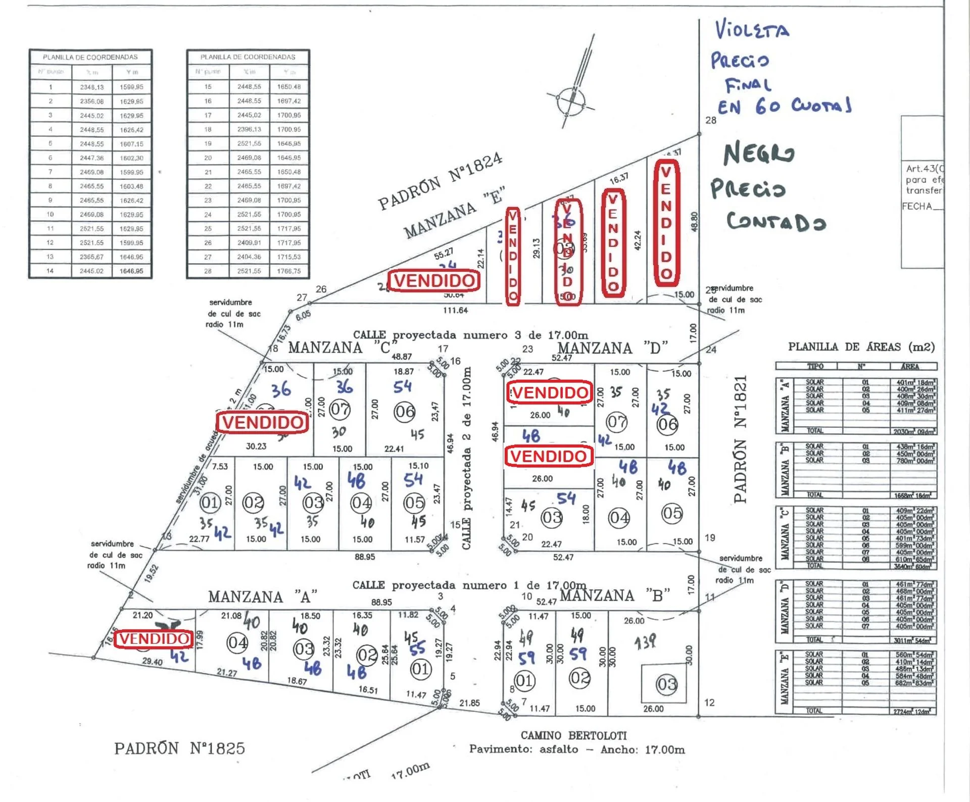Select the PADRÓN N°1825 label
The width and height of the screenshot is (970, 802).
[x=179, y=748]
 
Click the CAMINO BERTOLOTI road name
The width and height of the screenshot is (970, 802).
[x=573, y=735]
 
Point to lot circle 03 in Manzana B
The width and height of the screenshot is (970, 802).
[x=666, y=684]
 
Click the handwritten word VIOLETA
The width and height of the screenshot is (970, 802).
[x=752, y=30]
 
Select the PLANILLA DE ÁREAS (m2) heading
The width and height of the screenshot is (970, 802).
[x=861, y=347]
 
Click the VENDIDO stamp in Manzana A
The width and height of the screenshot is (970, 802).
[x=154, y=639]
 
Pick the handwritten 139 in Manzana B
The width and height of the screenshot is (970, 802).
[x=645, y=642]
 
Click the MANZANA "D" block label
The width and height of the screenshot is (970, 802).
[x=612, y=348]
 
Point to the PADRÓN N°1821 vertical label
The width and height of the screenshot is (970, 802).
[x=741, y=439]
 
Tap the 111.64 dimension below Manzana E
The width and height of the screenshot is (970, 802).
[x=455, y=310]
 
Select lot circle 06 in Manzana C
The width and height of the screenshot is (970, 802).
[x=405, y=412]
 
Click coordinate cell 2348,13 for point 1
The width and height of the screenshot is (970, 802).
[x=91, y=87]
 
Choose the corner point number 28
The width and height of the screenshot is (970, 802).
[x=710, y=120]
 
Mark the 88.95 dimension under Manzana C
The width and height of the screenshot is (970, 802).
[x=364, y=557]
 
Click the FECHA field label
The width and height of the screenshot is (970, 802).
[x=917, y=206]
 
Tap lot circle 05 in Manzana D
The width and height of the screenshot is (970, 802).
[x=672, y=514]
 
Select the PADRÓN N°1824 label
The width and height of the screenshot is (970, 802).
[x=440, y=181]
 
